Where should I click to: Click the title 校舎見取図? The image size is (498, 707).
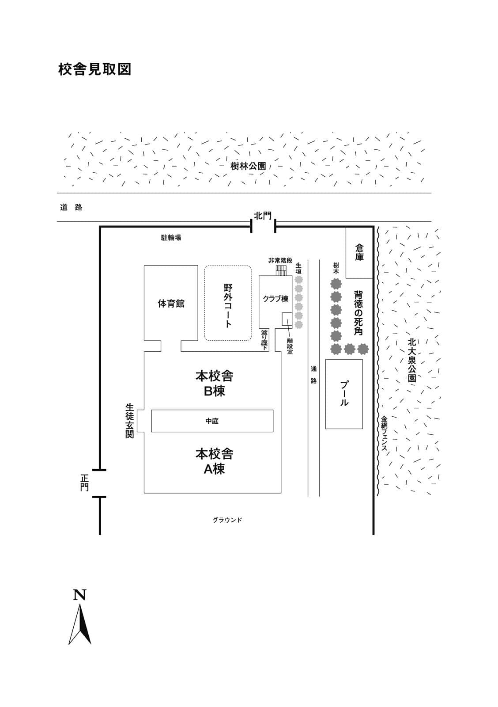tap(94, 69)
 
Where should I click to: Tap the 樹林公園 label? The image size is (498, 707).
tap(248, 166)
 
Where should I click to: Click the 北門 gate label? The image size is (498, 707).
tap(263, 216)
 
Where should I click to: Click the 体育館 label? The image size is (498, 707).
tap(171, 304)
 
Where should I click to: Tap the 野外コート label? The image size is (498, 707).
tap(228, 305)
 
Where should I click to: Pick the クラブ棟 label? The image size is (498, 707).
tap(275, 299)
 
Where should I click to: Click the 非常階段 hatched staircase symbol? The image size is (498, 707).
tap(281, 270)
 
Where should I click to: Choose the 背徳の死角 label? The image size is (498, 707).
tap(358, 313)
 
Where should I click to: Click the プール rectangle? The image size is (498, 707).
tap(344, 394)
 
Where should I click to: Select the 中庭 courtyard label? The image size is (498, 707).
tap(211, 421)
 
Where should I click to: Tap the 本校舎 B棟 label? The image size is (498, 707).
tap(214, 384)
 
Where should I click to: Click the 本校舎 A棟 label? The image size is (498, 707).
tap(214, 461)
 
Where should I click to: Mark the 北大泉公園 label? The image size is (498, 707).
tap(412, 360)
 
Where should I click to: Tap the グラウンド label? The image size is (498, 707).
tap(227, 520)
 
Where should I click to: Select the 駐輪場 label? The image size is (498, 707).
tap(171, 238)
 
